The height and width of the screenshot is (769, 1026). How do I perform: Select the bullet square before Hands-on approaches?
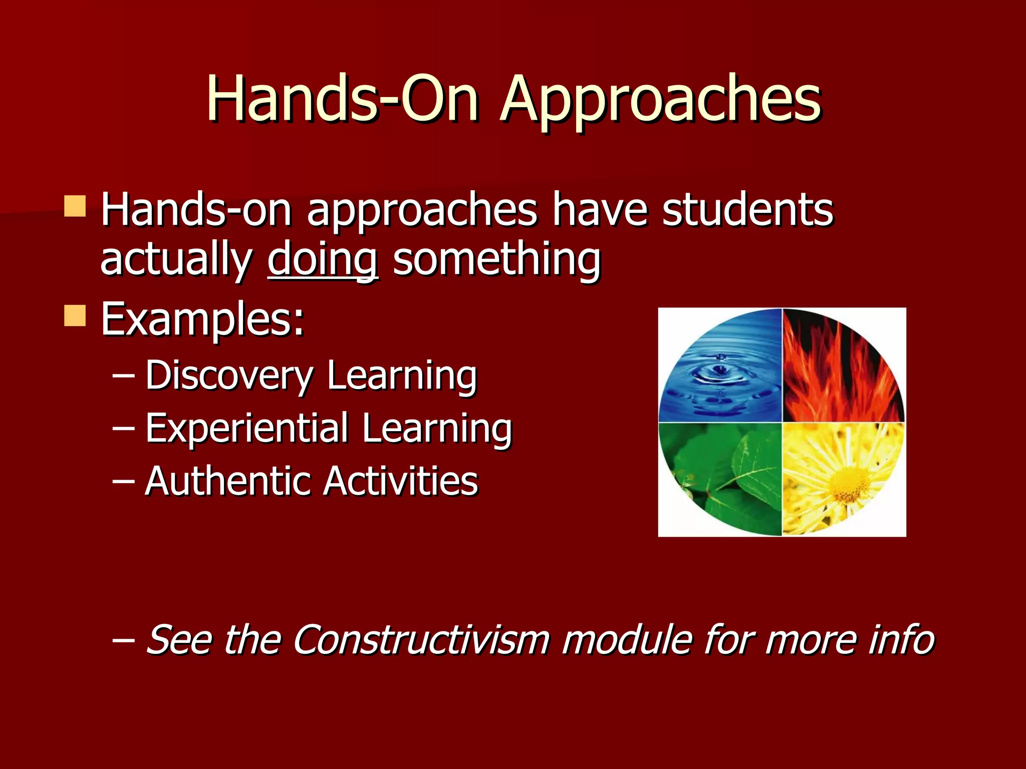75,206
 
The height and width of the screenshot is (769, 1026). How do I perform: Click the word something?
496,259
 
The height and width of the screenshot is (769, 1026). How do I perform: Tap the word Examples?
202,319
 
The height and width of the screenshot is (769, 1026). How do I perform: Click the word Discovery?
229,375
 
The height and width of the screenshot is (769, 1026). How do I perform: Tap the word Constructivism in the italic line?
421,639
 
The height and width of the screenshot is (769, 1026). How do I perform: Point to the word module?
626,639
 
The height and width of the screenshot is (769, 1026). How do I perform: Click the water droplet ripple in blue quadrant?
720,370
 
